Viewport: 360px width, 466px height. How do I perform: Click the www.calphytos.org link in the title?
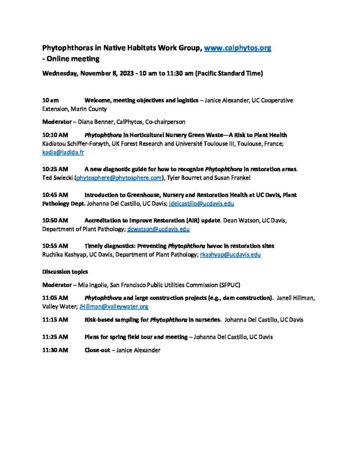pyautogui.click(x=238, y=48)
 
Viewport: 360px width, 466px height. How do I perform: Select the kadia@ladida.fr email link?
pyautogui.click(x=63, y=152)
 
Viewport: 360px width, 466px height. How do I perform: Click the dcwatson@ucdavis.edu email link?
pyautogui.click(x=158, y=229)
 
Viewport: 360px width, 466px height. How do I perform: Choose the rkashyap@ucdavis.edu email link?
pyautogui.click(x=230, y=255)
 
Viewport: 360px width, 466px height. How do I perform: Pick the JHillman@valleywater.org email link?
pyautogui.click(x=114, y=306)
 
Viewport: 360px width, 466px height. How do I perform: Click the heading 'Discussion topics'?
pyautogui.click(x=65, y=272)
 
